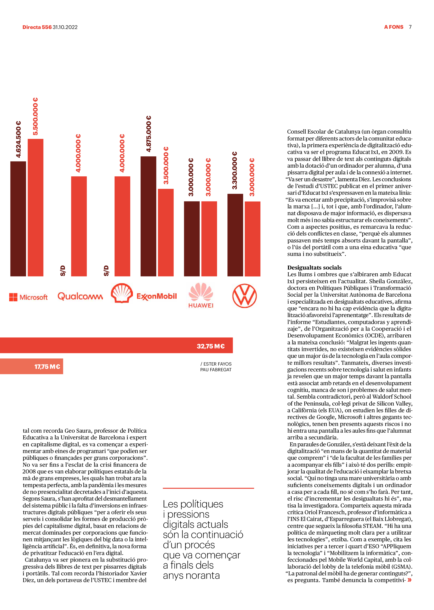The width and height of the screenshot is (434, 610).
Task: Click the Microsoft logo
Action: coord(28,297)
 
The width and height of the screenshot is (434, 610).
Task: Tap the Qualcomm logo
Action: coord(80,296)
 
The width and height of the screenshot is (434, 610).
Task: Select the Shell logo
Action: coord(122,293)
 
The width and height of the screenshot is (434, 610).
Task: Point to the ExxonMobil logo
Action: coord(157,296)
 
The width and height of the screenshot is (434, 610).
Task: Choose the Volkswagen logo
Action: coord(245,296)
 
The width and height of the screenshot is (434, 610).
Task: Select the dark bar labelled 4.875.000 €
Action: coord(148,216)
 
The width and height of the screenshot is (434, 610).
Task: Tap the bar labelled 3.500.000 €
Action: coord(166,232)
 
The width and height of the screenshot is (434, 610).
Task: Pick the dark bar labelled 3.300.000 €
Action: coord(235,235)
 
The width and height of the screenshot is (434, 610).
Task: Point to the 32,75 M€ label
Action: coord(211,346)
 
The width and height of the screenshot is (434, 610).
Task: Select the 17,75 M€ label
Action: coord(47,367)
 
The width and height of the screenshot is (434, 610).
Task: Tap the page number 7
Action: coord(410,27)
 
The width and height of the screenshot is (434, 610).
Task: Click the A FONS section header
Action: coord(394,27)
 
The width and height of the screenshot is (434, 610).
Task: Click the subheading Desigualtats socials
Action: coord(314,268)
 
